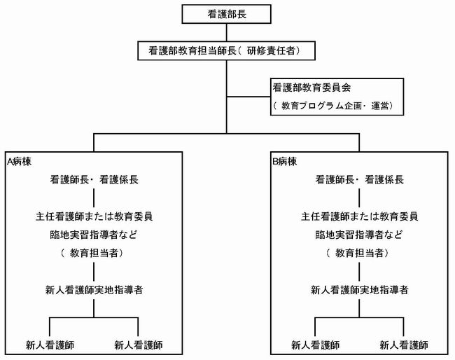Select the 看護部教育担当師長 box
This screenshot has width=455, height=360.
pos(226,50)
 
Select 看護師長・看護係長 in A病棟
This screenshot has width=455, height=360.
pos(93,179)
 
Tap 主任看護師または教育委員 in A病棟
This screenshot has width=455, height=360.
pos(93,215)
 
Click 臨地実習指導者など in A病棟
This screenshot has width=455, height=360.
pos(93,233)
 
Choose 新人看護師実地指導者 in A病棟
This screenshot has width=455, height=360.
pos(93,289)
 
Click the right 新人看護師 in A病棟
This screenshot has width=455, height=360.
pos(138,345)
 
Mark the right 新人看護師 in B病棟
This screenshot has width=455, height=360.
pos(403,345)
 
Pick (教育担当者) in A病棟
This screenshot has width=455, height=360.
pos(93,251)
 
